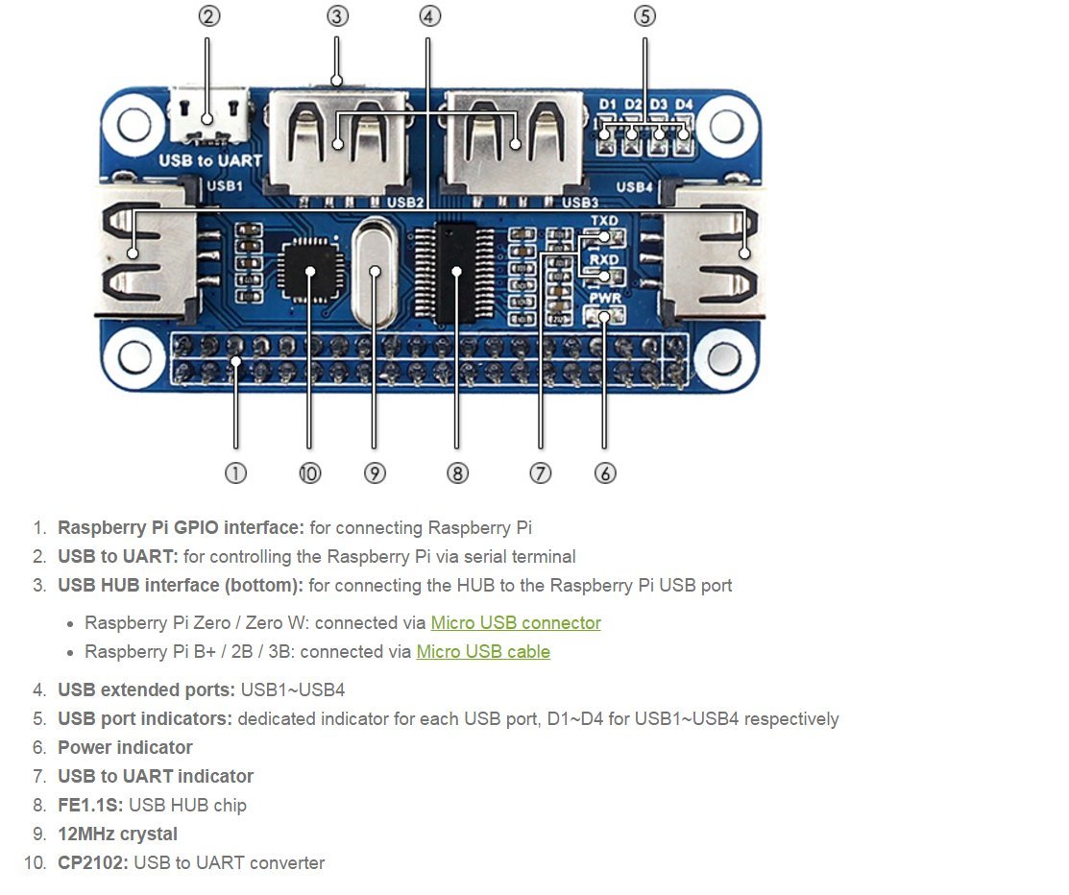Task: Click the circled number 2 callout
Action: coord(209,16)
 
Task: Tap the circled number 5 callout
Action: coord(644,16)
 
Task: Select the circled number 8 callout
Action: coord(457,473)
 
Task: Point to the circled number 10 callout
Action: coord(309,473)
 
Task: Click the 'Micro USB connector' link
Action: coord(516,623)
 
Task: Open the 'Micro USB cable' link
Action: coord(483,652)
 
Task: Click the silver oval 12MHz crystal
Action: coord(375,273)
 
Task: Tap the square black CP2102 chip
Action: coord(310,271)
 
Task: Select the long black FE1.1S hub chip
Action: coord(456,273)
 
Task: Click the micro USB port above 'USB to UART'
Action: coord(208,115)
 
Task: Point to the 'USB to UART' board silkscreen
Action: coord(210,161)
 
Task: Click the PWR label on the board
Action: coord(605,299)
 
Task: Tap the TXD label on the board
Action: coord(604,221)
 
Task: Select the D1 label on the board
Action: coord(607,105)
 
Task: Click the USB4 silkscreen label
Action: coord(634,186)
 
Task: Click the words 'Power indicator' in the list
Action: coord(125,748)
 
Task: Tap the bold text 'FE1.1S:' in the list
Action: coord(90,805)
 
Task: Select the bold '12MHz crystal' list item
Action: coord(117,835)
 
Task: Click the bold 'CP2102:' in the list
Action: coord(93,863)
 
